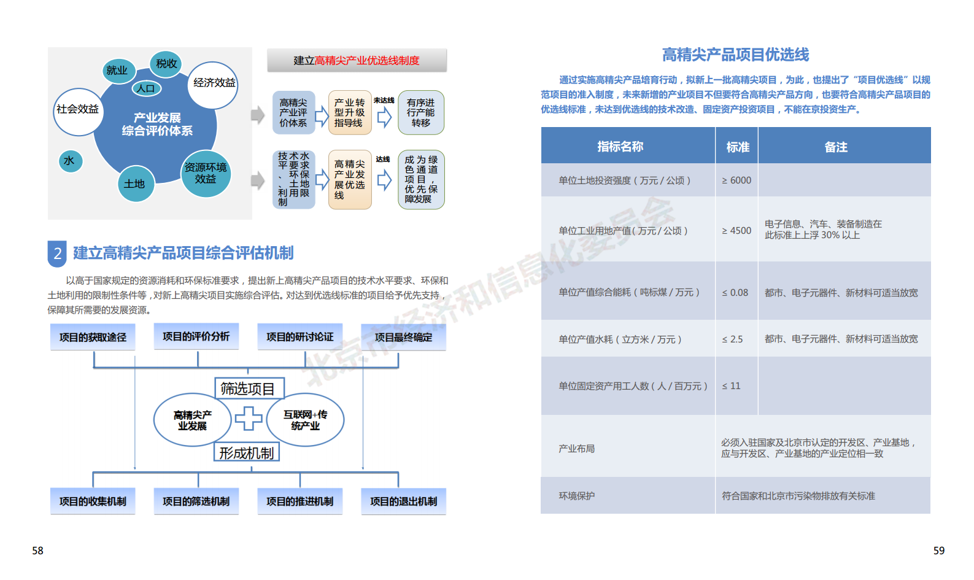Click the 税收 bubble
(166, 64)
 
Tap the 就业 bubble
(118, 71)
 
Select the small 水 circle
(70, 161)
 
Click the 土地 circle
(135, 184)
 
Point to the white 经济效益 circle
(213, 84)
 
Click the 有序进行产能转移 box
(421, 112)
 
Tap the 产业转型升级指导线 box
(350, 112)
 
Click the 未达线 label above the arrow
(384, 101)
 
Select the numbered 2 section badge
(57, 253)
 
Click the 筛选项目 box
(250, 388)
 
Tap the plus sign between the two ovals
(249, 419)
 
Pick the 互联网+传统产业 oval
(305, 420)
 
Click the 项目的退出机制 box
(403, 501)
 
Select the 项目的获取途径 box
(93, 337)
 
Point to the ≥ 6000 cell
(736, 180)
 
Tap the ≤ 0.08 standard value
(735, 293)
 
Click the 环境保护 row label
(576, 496)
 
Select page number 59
(939, 551)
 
